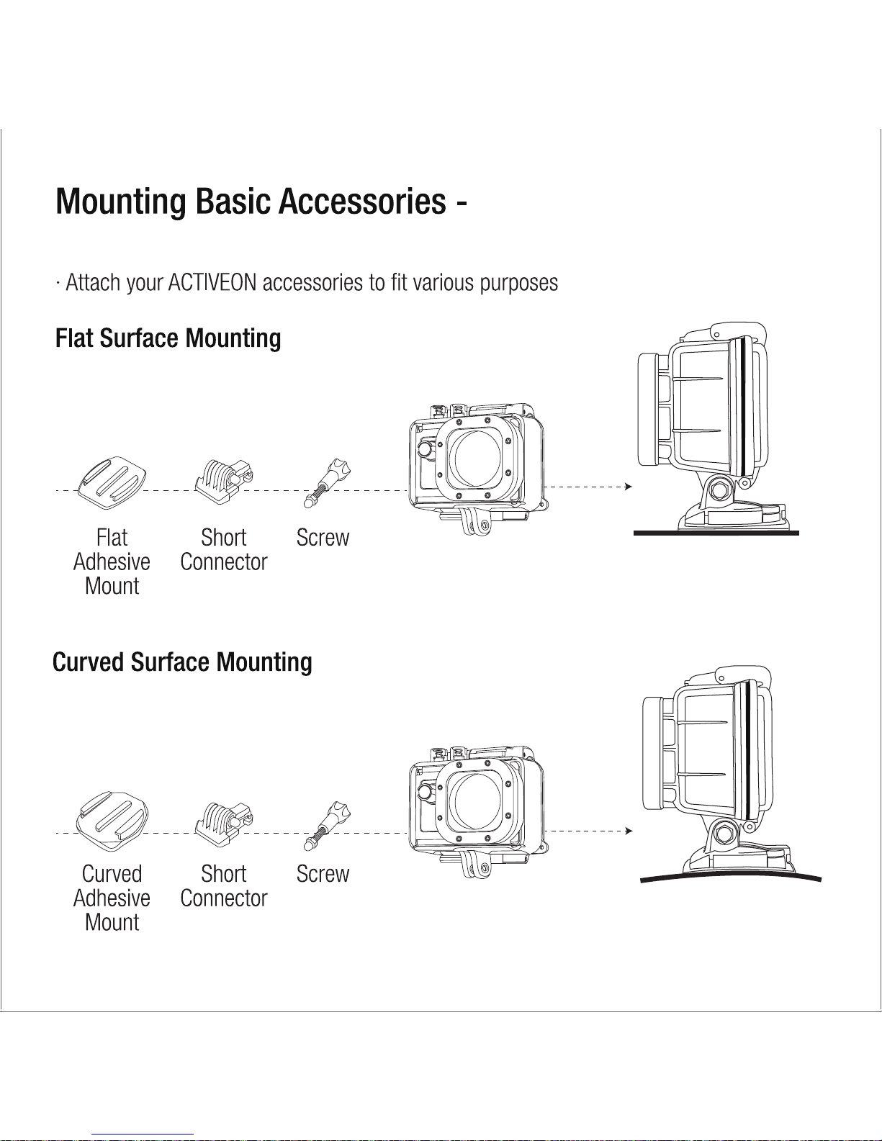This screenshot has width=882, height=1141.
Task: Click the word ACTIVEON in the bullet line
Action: coord(212,283)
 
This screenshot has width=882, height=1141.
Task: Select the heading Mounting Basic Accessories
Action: coord(251,202)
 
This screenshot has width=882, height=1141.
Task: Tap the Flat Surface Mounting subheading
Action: coord(168,338)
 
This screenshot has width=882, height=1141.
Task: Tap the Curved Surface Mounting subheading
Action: coord(182,663)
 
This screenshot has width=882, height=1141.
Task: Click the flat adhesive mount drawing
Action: coord(112,483)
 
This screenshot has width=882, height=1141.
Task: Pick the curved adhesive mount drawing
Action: coord(112,821)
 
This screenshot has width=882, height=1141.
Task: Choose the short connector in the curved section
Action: coord(224,824)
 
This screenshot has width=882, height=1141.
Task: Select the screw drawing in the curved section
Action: coord(327,826)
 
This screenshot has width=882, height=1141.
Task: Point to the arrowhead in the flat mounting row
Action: coord(628,487)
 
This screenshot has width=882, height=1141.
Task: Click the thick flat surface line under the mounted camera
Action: coord(716,533)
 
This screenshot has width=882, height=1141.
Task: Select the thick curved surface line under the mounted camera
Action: coord(731,877)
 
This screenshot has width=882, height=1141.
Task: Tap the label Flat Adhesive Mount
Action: coord(112,562)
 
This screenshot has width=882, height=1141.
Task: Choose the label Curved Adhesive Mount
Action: coord(112,898)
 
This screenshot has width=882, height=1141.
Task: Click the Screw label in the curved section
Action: coord(323,874)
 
